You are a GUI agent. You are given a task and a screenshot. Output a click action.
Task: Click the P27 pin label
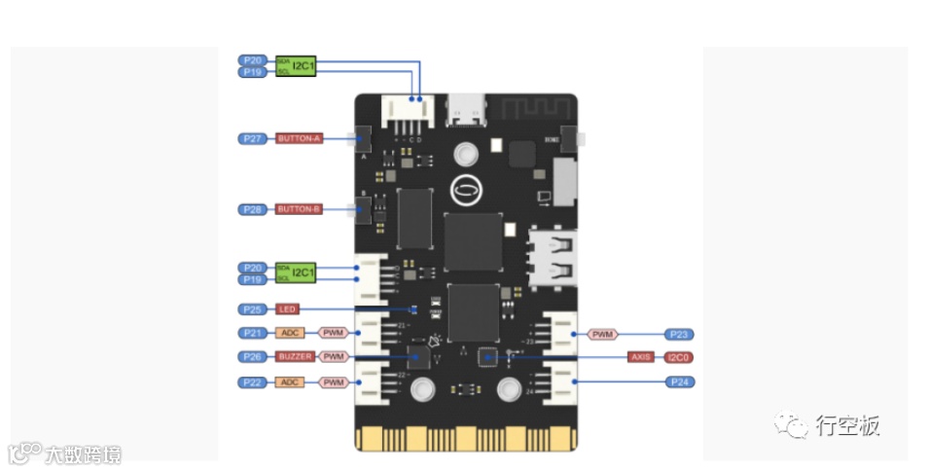[253, 138]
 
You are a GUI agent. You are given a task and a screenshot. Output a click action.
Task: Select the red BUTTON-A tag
[299, 138]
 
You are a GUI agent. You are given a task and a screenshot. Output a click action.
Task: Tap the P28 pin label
[253, 209]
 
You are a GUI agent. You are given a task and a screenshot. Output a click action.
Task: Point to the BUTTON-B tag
[299, 209]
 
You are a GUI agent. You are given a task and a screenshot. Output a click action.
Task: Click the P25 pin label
[253, 309]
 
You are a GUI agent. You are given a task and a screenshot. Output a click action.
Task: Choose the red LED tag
[287, 309]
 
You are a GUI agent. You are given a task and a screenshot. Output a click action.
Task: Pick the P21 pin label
[253, 333]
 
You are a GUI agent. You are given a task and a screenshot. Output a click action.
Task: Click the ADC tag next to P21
[290, 333]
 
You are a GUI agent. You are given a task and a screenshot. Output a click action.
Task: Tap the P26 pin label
[253, 357]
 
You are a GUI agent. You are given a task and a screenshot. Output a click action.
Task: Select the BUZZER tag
[295, 357]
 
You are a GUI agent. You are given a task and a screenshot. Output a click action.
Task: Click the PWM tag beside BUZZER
[334, 357]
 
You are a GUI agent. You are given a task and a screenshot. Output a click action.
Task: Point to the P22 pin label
[253, 382]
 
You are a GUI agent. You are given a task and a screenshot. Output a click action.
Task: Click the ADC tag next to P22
[290, 382]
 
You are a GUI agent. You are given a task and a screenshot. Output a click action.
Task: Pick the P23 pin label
[679, 334]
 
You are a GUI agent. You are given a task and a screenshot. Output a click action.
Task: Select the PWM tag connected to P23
[603, 334]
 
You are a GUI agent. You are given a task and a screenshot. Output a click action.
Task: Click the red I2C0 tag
[679, 357]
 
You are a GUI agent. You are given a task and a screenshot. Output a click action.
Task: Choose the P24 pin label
[679, 382]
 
